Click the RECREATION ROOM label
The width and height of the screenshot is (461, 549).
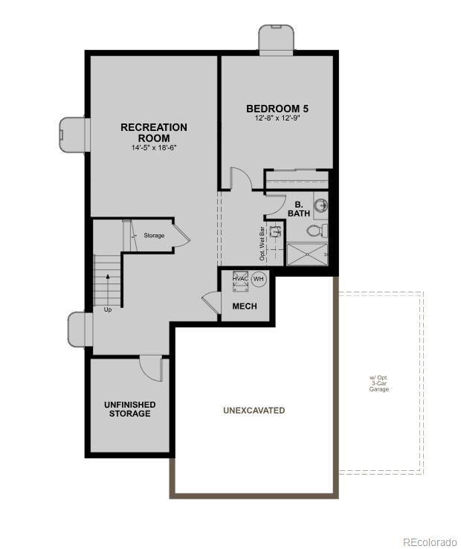click(154, 132)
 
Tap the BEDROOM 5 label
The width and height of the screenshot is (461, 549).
click(277, 109)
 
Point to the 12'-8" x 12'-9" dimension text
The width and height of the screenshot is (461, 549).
click(277, 119)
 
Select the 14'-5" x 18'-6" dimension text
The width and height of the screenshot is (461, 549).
click(154, 147)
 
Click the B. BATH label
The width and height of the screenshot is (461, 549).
click(298, 208)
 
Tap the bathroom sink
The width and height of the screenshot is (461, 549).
click(320, 205)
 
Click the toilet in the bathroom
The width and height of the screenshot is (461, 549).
click(317, 229)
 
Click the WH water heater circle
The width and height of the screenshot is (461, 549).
click(259, 279)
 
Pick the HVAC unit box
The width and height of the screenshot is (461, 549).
click(240, 279)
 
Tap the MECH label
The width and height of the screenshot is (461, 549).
click(245, 306)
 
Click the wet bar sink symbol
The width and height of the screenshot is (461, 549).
click(275, 231)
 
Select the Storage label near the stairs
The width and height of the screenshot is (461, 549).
click(154, 236)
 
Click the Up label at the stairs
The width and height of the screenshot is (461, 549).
click(108, 309)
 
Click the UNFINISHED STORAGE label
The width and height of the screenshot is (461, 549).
click(129, 409)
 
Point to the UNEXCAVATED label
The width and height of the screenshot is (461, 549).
click(254, 411)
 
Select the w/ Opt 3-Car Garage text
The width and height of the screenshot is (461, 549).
click(379, 383)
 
